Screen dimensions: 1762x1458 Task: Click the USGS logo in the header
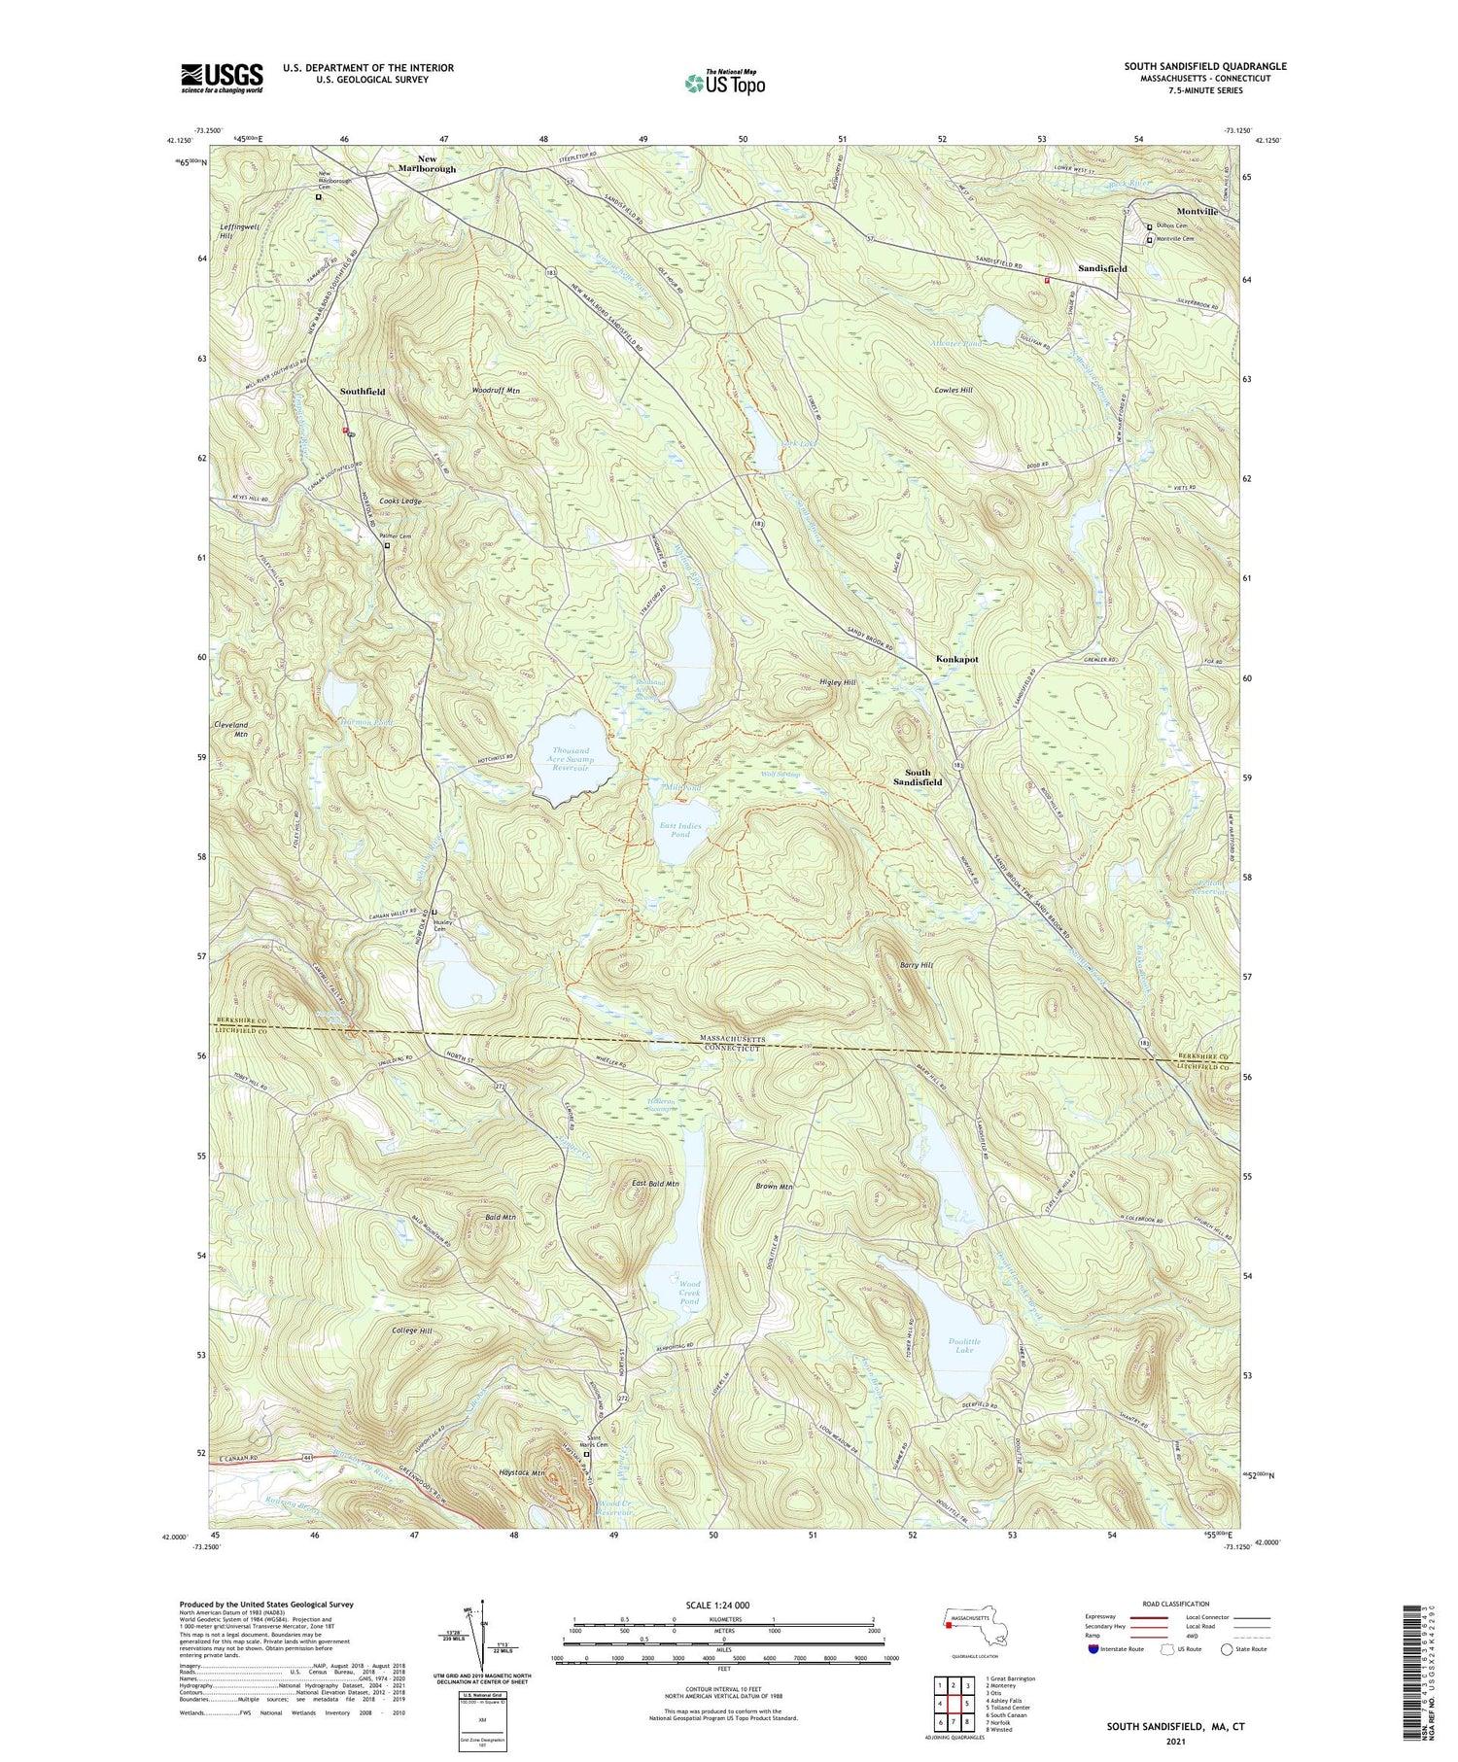(222, 78)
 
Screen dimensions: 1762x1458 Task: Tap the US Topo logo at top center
(724, 83)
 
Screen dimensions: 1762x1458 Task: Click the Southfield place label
(363, 392)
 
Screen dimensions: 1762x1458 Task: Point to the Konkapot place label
(956, 659)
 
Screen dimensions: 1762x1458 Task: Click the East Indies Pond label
(680, 830)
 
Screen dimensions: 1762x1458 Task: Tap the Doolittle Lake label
(963, 1345)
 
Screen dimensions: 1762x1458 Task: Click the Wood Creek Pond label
(689, 1292)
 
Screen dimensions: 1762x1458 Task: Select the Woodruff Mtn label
(497, 390)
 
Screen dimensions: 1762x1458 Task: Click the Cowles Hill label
(953, 390)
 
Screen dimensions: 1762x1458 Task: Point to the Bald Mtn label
(501, 1217)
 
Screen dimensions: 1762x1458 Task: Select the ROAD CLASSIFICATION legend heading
(1176, 1604)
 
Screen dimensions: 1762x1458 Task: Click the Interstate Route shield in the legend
(1093, 1649)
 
